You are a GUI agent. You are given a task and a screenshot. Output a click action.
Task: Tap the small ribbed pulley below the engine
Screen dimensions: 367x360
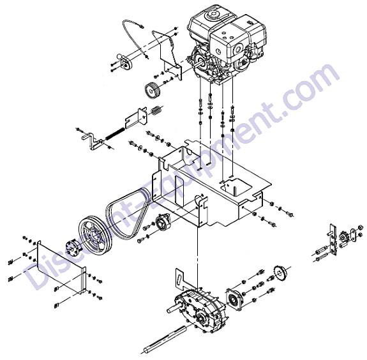(x=151, y=91)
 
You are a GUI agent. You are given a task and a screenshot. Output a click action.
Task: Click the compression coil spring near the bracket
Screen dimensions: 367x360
(x=156, y=110)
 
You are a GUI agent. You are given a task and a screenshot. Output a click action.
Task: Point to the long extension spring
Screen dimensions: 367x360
(x=115, y=133)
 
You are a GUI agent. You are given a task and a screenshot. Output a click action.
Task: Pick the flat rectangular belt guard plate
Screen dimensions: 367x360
(x=61, y=266)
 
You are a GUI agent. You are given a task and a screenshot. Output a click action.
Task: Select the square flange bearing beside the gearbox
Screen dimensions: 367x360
(x=234, y=299)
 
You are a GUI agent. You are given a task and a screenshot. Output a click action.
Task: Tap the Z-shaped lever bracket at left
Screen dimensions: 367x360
(x=92, y=141)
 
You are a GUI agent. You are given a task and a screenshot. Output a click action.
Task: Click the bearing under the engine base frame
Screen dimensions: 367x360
(x=162, y=223)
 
